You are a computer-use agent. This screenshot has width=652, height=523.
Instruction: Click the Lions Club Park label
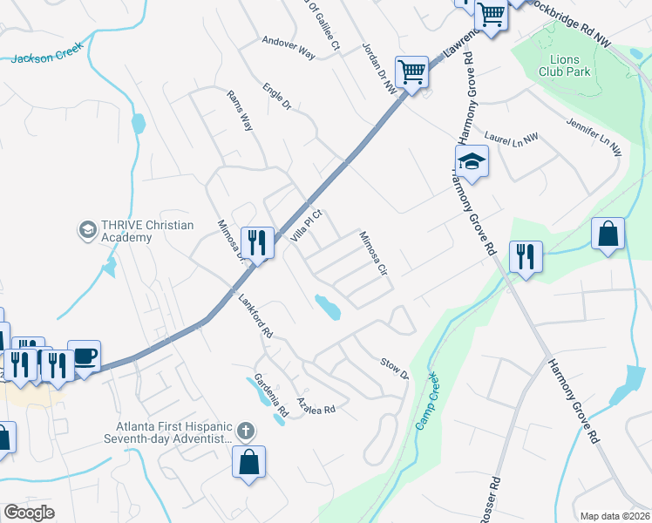click(564, 65)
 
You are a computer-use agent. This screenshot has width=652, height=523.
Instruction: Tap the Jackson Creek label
click(46, 56)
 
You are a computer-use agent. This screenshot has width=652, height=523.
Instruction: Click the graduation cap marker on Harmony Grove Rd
click(472, 162)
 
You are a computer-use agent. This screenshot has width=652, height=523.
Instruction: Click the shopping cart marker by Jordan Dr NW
click(411, 72)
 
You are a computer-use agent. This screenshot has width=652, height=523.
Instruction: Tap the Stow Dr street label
click(393, 369)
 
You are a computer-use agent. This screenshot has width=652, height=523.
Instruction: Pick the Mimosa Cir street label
click(373, 253)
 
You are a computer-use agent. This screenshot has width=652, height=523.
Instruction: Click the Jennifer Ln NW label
click(593, 137)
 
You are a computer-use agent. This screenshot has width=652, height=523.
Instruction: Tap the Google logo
click(30, 513)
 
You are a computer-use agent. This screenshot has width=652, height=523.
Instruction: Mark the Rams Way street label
click(239, 110)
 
